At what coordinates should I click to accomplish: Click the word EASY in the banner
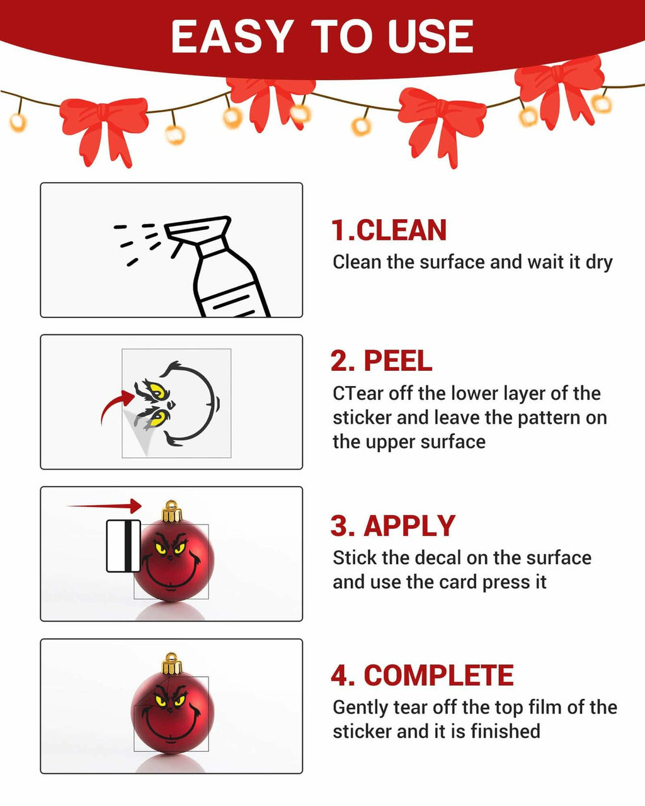click(232, 37)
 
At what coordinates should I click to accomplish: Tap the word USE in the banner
click(430, 37)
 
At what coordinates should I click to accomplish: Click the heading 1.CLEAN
click(389, 230)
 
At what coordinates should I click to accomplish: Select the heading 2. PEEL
click(382, 361)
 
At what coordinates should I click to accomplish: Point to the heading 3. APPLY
click(393, 526)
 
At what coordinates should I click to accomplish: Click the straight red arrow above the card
click(104, 506)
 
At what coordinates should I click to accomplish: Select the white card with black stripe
click(123, 546)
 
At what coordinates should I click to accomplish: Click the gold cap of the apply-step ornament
click(172, 511)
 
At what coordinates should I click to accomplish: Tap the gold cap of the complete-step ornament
click(172, 663)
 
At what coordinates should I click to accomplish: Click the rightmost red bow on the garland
click(559, 91)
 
